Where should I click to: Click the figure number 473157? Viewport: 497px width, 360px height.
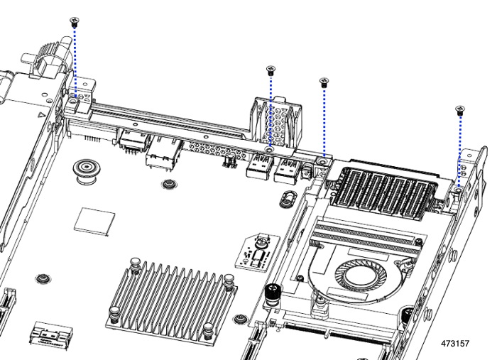pos(455,344)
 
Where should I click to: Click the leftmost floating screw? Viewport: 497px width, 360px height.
pos(74,21)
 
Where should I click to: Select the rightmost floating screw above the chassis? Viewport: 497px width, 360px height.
pos(460,110)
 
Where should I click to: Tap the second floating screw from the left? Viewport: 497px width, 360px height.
pos(271,70)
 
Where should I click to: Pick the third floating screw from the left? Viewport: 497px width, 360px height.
pos(324,82)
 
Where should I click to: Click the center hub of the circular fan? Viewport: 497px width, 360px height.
pos(361,275)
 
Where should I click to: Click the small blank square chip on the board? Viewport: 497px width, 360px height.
pos(94,222)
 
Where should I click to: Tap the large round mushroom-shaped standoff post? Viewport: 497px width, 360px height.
pos(84,171)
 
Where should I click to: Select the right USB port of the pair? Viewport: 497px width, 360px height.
pos(287,170)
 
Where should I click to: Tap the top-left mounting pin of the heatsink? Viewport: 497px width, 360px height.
pos(136,265)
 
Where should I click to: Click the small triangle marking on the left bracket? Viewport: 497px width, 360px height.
pos(41,115)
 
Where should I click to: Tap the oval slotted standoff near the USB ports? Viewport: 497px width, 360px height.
pos(288,199)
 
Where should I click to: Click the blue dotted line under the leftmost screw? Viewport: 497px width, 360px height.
pos(75,62)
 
